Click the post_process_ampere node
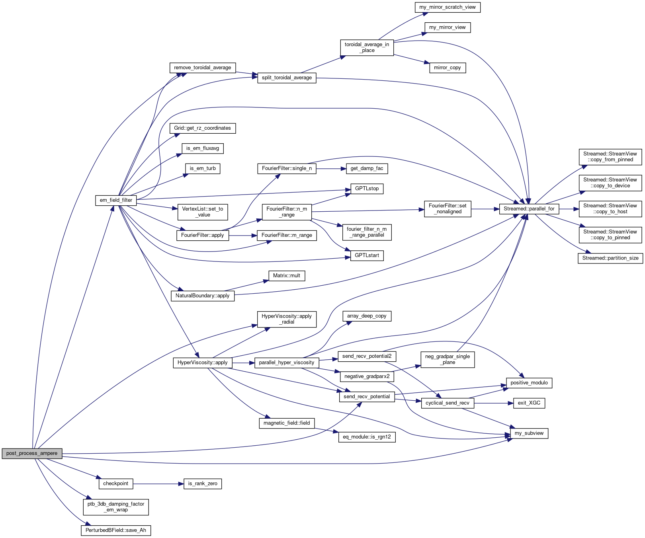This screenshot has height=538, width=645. pyautogui.click(x=32, y=453)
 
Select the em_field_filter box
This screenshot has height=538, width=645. pyautogui.click(x=116, y=200)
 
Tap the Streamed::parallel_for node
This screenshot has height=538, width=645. pyautogui.click(x=529, y=209)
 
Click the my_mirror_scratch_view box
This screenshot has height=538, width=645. pyautogui.click(x=447, y=7)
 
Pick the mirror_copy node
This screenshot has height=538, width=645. pyautogui.click(x=447, y=68)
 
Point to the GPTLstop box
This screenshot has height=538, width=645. pyautogui.click(x=367, y=189)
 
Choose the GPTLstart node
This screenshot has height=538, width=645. pyautogui.click(x=367, y=255)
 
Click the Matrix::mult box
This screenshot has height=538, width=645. pyautogui.click(x=286, y=276)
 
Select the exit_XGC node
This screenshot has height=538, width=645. pyautogui.click(x=529, y=403)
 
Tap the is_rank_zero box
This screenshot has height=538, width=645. pyautogui.click(x=202, y=484)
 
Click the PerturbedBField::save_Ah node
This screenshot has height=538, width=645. pyautogui.click(x=116, y=530)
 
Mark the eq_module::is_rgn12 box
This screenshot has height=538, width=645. pyautogui.click(x=367, y=437)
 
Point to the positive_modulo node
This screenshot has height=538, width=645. pyautogui.click(x=529, y=383)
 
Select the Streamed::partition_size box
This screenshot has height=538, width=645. pyautogui.click(x=610, y=258)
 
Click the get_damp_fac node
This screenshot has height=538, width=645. pyautogui.click(x=367, y=169)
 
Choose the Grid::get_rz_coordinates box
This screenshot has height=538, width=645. pyautogui.click(x=202, y=128)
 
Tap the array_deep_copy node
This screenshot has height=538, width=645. pyautogui.click(x=367, y=316)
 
